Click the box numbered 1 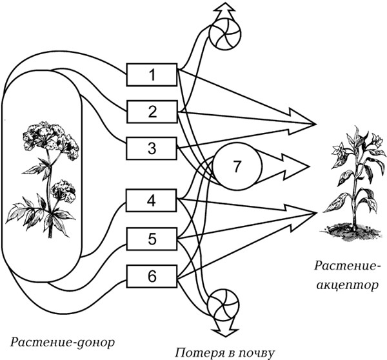tap(152, 75)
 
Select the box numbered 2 tap(152, 112)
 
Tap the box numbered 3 tap(152, 148)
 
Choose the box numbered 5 tap(152, 239)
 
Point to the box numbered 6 tap(152, 277)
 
